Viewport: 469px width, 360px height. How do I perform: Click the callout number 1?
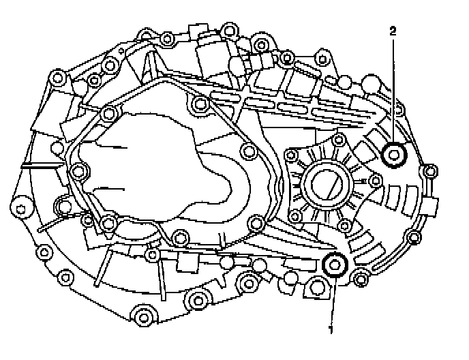point(332,329)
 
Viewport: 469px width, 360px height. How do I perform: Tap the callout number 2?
point(393,31)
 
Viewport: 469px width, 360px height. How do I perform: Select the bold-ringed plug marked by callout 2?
point(394,155)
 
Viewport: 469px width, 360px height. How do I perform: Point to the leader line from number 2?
point(393,89)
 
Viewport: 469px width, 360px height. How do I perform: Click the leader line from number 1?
point(333,300)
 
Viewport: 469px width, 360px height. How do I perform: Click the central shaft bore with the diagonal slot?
point(326,183)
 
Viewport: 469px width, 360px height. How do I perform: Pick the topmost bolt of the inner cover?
point(199,103)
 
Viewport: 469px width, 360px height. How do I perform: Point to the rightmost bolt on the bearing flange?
point(374,180)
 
